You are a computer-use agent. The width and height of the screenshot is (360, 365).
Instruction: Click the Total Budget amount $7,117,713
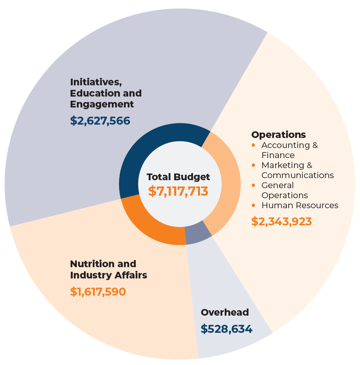click(178, 191)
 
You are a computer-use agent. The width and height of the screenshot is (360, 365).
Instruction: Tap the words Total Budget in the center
click(178, 177)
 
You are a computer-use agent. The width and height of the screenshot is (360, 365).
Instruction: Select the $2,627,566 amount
click(100, 121)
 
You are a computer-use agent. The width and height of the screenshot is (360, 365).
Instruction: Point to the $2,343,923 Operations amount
click(281, 221)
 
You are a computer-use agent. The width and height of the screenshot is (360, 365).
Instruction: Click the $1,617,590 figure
click(98, 291)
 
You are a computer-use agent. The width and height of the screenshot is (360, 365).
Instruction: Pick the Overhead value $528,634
click(226, 329)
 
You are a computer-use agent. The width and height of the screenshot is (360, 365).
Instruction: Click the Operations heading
click(279, 135)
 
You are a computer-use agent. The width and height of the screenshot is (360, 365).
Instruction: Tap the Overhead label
click(225, 312)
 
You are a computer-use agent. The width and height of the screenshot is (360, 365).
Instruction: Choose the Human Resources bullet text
click(300, 205)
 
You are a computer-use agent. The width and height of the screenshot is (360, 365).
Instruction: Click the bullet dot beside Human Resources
click(254, 205)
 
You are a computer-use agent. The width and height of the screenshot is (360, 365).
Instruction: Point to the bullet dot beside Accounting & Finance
click(254, 145)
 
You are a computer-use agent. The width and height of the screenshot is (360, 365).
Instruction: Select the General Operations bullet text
click(284, 190)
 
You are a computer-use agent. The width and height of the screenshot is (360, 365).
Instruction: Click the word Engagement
click(102, 104)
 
